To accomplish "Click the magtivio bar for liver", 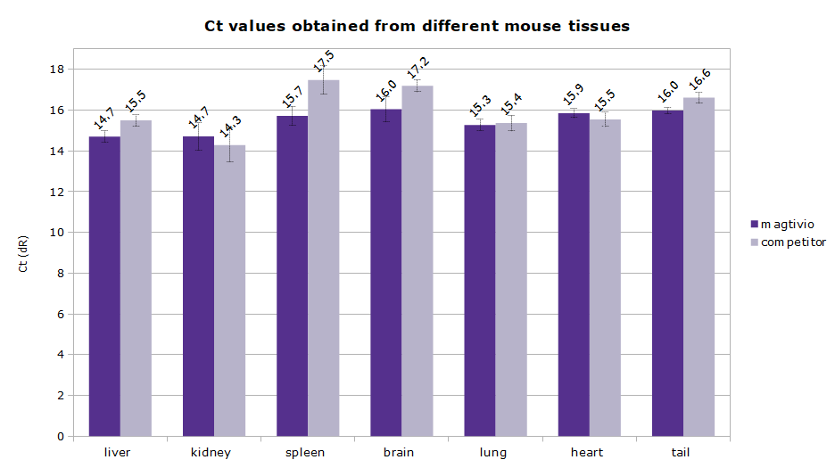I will pyautogui.click(x=104, y=285).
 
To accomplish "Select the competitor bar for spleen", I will pyautogui.click(x=323, y=259).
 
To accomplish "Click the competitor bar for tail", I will pyautogui.click(x=699, y=267).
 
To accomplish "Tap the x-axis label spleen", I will pyautogui.click(x=305, y=453).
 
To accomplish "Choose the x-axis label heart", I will pyautogui.click(x=586, y=453).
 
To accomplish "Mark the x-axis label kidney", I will pyautogui.click(x=211, y=453).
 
